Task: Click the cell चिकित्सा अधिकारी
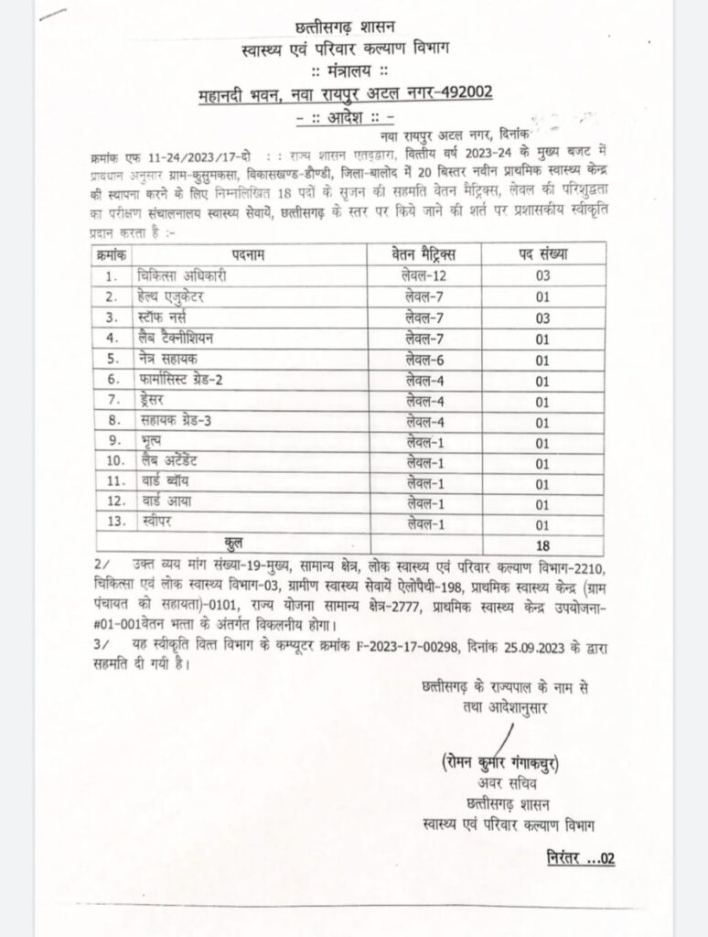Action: pos(180,275)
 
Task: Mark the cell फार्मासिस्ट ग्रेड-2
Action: pos(183,379)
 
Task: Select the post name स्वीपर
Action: pos(150,522)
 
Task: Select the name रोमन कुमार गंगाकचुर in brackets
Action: pos(499,763)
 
